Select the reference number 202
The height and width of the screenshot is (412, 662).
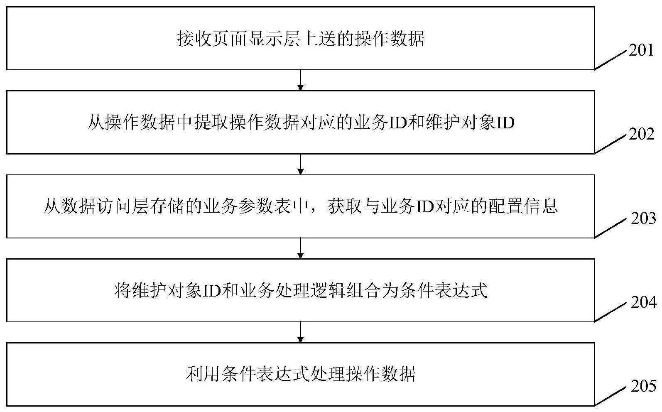[x=641, y=135]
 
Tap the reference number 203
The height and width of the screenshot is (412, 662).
[x=643, y=219]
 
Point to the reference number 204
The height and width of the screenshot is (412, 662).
[x=643, y=302]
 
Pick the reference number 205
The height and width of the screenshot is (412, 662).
[x=643, y=386]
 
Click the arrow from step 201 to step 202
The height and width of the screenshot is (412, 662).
[x=300, y=80]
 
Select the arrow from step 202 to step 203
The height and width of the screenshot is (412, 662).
[x=300, y=164]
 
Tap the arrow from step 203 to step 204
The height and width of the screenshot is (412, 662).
[x=300, y=248]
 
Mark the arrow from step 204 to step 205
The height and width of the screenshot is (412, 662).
[x=300, y=332]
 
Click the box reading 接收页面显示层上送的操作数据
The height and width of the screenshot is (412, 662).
[x=300, y=38]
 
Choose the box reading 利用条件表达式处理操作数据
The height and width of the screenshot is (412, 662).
[x=300, y=374]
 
